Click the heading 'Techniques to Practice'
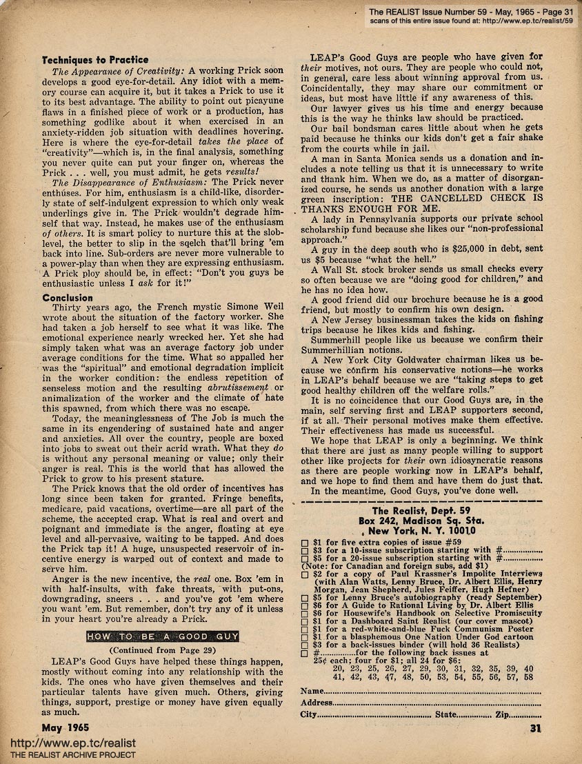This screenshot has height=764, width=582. pyautogui.click(x=94, y=60)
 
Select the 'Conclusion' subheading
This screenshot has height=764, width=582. pyautogui.click(x=67, y=298)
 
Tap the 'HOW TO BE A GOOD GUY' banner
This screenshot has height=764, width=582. pyautogui.click(x=169, y=636)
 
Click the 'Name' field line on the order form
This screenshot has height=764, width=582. pyautogui.click(x=428, y=671)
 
